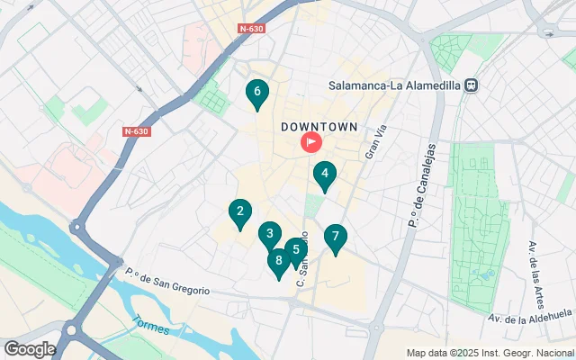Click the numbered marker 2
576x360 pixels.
point(239,213)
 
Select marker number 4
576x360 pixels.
point(324,175)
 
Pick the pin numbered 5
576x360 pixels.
point(295,251)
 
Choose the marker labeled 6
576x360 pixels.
point(257,92)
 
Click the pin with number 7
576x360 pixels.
point(335,238)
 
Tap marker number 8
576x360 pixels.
point(279,262)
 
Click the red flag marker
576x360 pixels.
point(310,142)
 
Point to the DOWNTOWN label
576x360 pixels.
point(319,127)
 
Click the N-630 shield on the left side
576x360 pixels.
point(136,131)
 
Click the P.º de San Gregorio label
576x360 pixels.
point(167,282)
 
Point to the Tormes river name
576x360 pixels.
point(148,324)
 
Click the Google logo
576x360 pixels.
point(30,348)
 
